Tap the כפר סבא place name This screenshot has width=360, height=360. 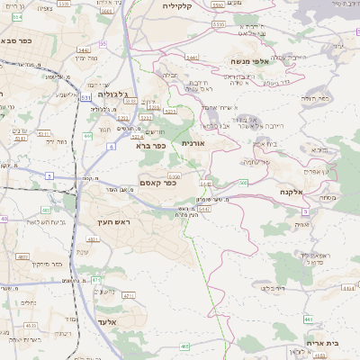19,40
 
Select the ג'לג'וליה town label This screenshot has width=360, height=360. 114,93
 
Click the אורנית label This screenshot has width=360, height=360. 193,143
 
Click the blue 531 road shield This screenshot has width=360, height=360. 85,96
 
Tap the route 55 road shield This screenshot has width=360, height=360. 103,42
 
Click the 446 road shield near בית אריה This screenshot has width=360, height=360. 308,319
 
